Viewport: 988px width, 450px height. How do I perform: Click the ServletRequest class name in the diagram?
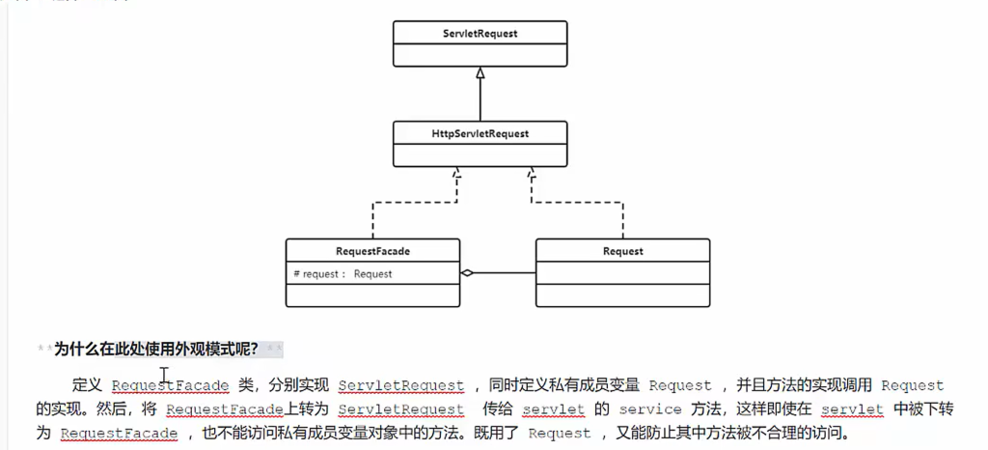tap(480, 34)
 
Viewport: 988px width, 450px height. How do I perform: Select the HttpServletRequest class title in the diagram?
tap(480, 133)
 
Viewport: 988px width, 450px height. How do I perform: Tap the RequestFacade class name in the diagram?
tap(372, 251)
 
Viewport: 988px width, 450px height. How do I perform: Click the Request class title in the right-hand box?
tap(622, 251)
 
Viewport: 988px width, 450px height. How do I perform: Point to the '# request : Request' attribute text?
tap(343, 274)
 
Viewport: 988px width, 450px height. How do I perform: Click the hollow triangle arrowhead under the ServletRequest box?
tap(480, 72)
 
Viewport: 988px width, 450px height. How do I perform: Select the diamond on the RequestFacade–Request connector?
tap(468, 273)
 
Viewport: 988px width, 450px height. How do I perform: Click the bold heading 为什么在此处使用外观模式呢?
tap(155, 349)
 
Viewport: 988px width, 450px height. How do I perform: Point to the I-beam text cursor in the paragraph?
tap(165, 375)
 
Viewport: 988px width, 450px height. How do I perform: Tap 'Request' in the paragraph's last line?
tap(559, 434)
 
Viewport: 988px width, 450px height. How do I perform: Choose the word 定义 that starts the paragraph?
tap(87, 385)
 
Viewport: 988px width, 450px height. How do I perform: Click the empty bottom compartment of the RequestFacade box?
tap(372, 295)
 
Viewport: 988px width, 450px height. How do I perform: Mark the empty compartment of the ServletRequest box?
tap(480, 55)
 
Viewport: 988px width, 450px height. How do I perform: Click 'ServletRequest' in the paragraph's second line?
tap(401, 409)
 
